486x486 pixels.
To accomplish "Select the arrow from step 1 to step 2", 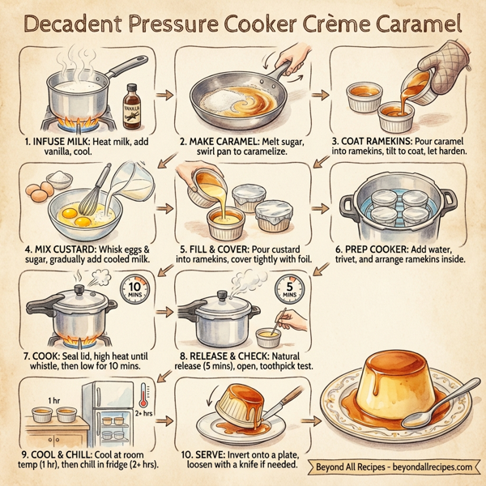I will [x=163, y=95].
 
